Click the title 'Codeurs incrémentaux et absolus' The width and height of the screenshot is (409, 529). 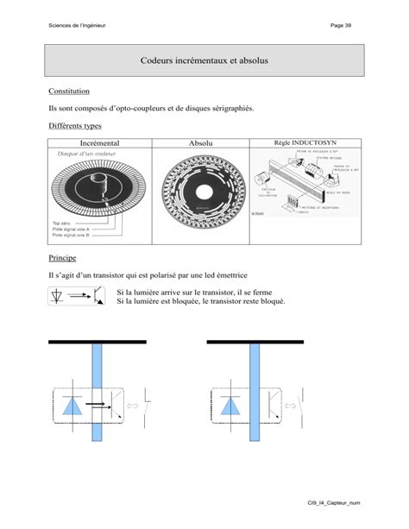(x=204, y=61)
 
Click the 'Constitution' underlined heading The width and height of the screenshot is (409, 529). (x=69, y=91)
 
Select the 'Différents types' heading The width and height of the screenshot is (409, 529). (x=75, y=126)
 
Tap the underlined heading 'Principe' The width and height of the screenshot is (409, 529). (x=62, y=257)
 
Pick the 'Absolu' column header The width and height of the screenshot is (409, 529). (x=200, y=142)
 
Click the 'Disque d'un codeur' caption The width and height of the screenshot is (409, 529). (x=83, y=153)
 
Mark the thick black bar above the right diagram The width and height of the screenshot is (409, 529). (x=255, y=343)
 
